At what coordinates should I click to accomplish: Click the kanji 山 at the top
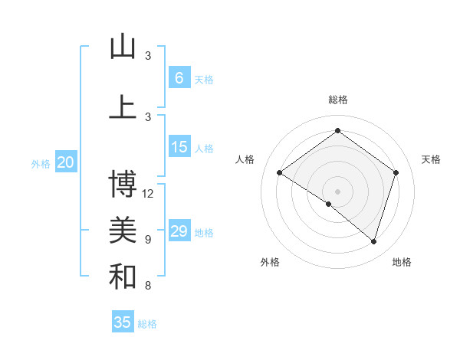pyautogui.click(x=123, y=47)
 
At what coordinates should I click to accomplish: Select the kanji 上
pyautogui.click(x=123, y=106)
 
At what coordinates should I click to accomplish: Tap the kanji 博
pyautogui.click(x=123, y=184)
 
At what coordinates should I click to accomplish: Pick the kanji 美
pyautogui.click(x=123, y=230)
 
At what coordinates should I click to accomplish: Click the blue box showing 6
pyautogui.click(x=179, y=77)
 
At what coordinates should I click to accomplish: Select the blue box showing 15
pyautogui.click(x=179, y=147)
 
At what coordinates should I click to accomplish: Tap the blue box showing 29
pyautogui.click(x=179, y=231)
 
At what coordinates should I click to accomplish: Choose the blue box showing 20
pyautogui.click(x=66, y=162)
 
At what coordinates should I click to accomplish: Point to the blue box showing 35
pyautogui.click(x=123, y=322)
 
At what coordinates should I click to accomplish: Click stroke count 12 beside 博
pyautogui.click(x=148, y=193)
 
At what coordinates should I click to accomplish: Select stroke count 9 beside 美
pyautogui.click(x=148, y=239)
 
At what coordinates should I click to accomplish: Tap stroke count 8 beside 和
pyautogui.click(x=148, y=286)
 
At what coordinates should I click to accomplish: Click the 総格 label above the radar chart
pyautogui.click(x=337, y=100)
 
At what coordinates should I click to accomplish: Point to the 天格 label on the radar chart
pyautogui.click(x=431, y=159)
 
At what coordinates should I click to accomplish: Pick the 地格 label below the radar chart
pyautogui.click(x=402, y=262)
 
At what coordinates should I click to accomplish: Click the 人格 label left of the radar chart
pyautogui.click(x=245, y=159)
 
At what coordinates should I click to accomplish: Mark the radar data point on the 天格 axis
pyautogui.click(x=396, y=172)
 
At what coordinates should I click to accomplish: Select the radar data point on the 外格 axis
pyautogui.click(x=329, y=204)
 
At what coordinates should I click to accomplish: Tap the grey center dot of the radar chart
pyautogui.click(x=337, y=191)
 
